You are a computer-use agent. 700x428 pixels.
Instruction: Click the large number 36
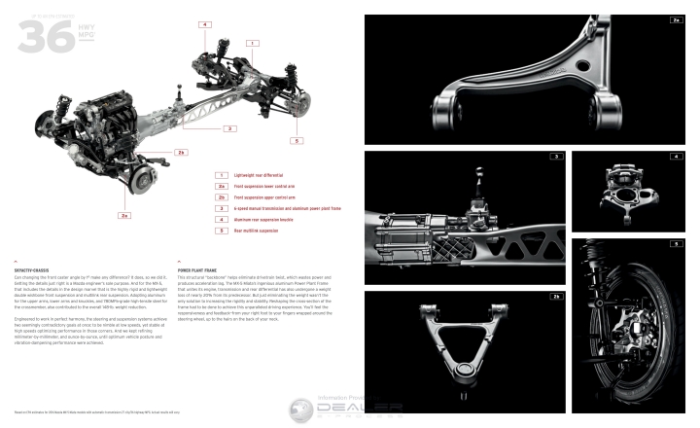coord(38,35)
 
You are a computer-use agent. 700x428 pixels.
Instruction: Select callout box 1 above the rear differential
coord(252,43)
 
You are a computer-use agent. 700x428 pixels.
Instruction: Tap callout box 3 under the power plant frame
coord(228,127)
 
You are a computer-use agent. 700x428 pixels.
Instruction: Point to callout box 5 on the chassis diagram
coord(296,141)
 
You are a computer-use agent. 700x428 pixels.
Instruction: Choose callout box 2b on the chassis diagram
coord(180,152)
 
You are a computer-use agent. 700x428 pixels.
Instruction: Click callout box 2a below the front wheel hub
coord(124,214)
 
